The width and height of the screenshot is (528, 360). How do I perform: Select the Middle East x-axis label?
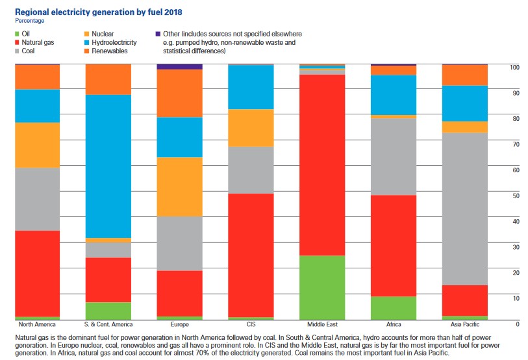pos(322,324)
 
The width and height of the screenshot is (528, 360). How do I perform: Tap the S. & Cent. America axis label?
pos(108,324)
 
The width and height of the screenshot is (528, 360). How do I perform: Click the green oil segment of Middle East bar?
pos(322,287)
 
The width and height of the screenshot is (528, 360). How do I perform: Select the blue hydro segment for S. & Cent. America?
pos(108,166)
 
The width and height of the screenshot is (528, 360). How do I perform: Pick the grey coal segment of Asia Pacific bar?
pos(464,209)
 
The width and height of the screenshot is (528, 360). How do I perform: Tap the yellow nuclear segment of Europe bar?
pos(180,186)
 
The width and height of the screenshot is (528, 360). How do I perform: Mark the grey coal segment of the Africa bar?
pos(393,157)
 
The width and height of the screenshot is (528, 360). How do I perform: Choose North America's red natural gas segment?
pos(38,273)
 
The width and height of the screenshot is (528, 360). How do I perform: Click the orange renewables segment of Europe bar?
pos(180,93)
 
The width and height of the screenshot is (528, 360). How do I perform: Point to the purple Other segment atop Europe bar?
pos(180,66)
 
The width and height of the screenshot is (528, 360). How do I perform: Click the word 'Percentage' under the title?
pos(30,20)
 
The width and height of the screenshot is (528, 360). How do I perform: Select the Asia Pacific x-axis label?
pos(464,324)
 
